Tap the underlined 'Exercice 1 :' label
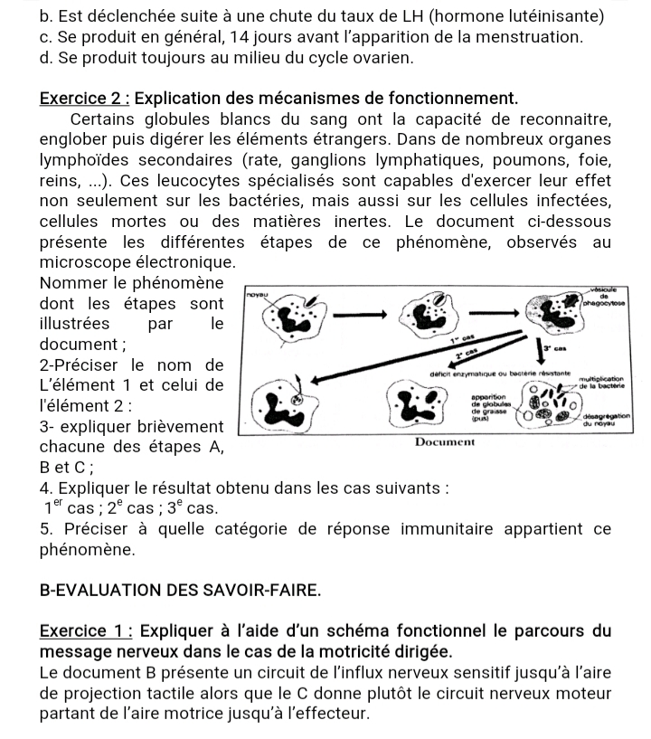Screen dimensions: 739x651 pos(80,630)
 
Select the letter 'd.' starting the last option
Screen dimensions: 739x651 pos(47,58)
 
